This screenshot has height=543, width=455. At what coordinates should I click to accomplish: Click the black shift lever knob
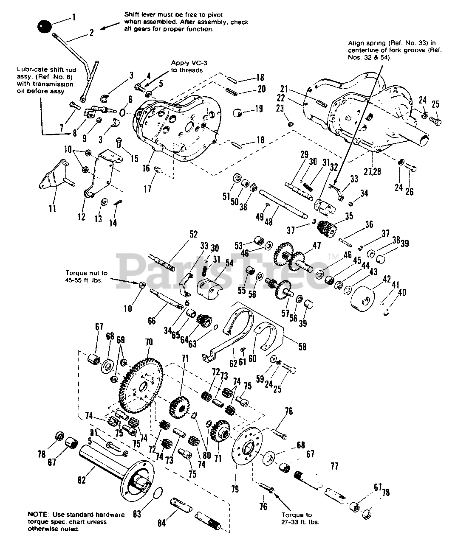click(x=45, y=26)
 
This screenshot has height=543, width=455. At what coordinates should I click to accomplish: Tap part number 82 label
click(x=82, y=480)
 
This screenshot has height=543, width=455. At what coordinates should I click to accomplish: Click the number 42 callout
click(x=387, y=279)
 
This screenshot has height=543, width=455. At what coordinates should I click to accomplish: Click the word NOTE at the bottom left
click(x=38, y=515)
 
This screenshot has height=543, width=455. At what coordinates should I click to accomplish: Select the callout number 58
click(x=302, y=347)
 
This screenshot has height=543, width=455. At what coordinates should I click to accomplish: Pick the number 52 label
click(x=193, y=234)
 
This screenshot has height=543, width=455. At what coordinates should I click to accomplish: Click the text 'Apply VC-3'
click(x=189, y=63)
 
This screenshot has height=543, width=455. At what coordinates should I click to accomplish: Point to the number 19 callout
click(x=259, y=109)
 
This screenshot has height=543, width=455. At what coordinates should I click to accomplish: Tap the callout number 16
click(x=146, y=168)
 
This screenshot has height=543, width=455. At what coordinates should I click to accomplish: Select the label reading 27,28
click(x=373, y=171)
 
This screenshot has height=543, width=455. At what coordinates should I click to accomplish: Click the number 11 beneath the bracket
click(x=52, y=208)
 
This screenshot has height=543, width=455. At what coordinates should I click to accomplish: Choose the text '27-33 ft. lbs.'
click(x=300, y=522)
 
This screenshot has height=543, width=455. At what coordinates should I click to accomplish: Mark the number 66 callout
click(x=152, y=321)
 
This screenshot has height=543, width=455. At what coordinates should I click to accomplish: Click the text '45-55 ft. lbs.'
click(x=84, y=280)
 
